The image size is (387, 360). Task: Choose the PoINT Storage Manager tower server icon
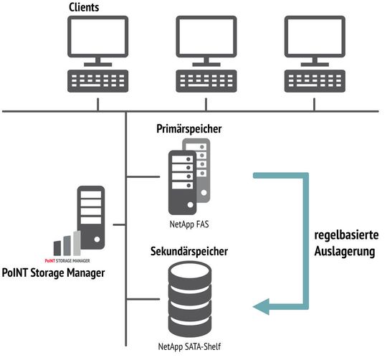(x=90, y=215)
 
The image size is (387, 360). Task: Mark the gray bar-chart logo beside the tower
(x=65, y=242)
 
